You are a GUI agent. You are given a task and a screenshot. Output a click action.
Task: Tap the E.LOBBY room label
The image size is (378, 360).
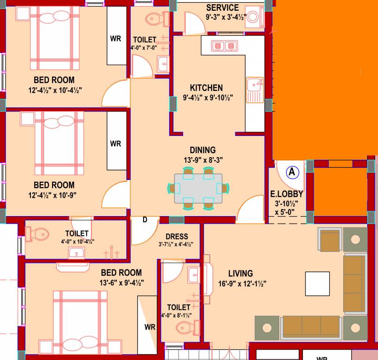click(287, 194)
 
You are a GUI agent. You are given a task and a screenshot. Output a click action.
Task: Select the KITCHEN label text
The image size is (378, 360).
click(206, 88)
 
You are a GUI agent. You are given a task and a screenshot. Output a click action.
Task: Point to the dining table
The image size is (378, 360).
click(198, 188)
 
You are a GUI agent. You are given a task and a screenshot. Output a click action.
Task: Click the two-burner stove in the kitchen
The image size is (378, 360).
click(223, 45)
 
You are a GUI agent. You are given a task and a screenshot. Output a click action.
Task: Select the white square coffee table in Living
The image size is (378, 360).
click(318, 284)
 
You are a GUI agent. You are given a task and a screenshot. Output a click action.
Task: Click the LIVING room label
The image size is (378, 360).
click(240, 273)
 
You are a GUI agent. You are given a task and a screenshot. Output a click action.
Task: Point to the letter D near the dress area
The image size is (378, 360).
click(144, 220)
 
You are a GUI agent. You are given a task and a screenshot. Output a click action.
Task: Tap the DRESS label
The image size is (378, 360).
click(177, 236)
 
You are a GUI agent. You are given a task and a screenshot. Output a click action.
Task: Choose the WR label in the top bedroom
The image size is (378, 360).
click(116, 38)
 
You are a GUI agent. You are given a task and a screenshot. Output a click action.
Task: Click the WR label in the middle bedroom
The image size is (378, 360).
click(116, 143)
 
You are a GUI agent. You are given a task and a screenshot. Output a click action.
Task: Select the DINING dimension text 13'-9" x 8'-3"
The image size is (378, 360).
click(203, 160)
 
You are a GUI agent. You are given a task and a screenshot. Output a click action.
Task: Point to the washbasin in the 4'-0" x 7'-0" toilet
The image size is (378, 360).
click(163, 64)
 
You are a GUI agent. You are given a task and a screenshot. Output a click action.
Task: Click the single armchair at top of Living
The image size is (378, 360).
click(330, 240)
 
